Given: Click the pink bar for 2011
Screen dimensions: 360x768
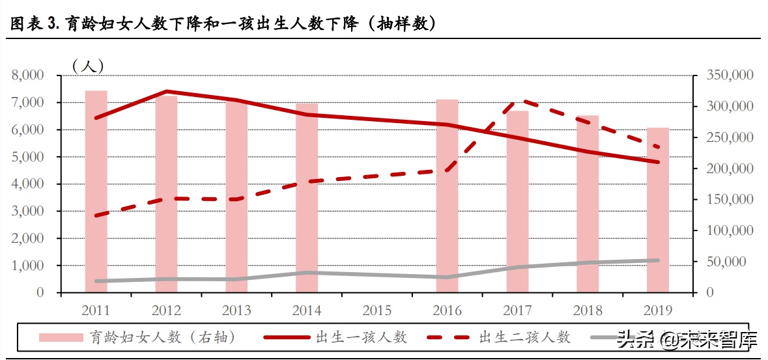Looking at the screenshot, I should coord(96,191).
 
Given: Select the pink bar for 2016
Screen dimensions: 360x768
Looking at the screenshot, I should coord(447,196).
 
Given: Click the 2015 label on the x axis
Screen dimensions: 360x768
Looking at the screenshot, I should coord(377,311).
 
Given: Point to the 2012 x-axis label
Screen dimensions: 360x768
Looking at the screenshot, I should coord(166,311).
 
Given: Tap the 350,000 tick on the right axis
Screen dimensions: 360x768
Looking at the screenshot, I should coord(731,76).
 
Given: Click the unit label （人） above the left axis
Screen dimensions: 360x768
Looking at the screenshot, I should coord(88,65).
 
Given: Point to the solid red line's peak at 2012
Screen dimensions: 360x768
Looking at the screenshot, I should coord(167,92).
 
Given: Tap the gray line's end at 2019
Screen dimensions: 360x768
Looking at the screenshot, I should coord(657,260).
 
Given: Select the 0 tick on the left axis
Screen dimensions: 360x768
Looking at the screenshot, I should coord(40,293).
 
